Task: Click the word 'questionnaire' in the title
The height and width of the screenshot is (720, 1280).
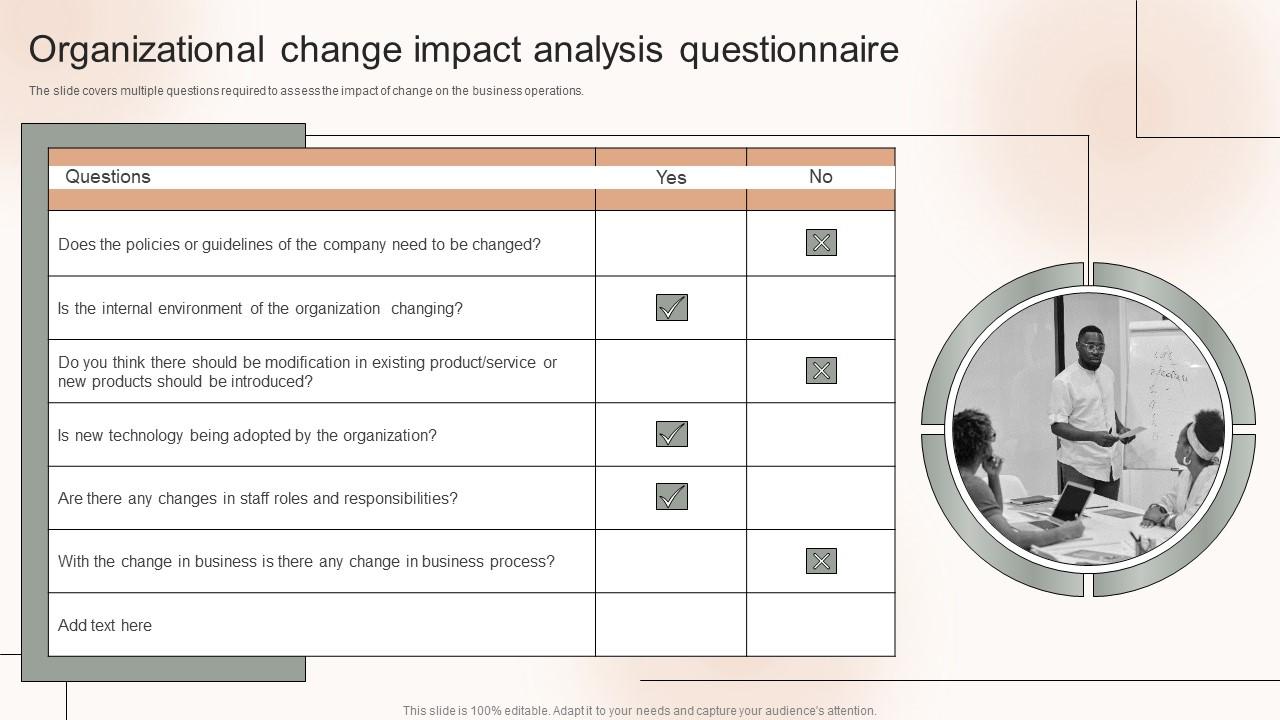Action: click(x=789, y=50)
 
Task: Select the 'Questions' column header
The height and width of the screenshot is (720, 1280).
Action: click(x=108, y=177)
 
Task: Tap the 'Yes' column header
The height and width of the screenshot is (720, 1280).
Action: click(x=671, y=178)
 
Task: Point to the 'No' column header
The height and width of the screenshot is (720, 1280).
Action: click(x=820, y=177)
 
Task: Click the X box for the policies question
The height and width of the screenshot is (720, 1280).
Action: click(x=821, y=243)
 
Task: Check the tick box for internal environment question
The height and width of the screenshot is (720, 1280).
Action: click(x=672, y=308)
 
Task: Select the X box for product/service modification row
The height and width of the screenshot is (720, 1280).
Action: click(x=821, y=371)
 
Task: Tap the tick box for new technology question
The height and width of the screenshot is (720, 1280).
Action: click(x=672, y=434)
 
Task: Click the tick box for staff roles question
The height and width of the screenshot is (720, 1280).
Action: click(x=672, y=497)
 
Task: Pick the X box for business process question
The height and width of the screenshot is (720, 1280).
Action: click(x=821, y=561)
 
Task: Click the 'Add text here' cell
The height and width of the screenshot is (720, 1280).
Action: click(x=105, y=626)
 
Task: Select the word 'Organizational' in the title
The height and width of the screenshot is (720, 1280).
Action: click(x=147, y=50)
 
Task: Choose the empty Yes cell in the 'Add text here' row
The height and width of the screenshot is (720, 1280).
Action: click(x=671, y=625)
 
